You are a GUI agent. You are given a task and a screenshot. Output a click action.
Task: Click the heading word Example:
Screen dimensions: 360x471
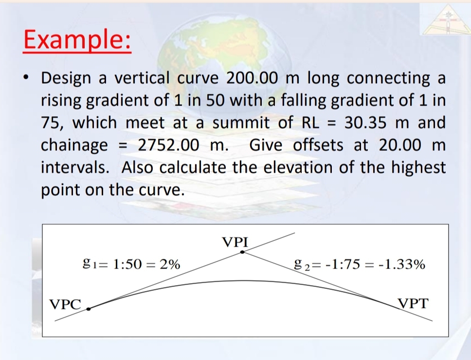77,40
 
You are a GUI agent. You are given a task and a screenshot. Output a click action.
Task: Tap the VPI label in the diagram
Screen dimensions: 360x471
235,241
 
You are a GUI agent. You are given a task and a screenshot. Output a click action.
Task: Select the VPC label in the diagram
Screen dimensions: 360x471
66,305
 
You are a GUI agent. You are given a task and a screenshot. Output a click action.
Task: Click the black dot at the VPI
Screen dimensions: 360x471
242,252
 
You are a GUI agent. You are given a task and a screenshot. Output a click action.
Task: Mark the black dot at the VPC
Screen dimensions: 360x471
89,308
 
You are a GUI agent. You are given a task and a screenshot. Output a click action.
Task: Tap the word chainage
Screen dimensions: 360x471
74,145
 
